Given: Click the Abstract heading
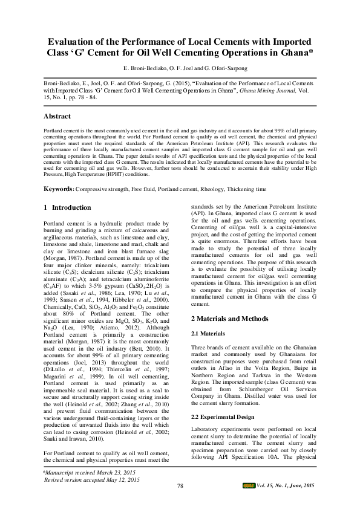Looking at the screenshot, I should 61,115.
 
